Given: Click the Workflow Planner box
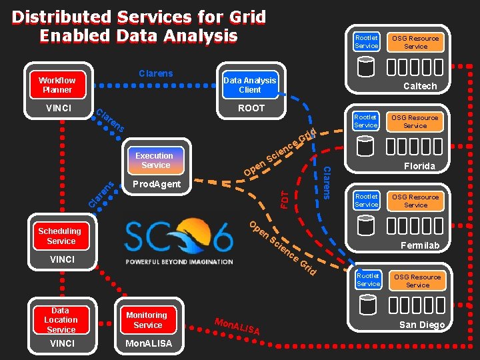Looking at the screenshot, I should tap(57, 85).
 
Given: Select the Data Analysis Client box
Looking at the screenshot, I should tap(249, 85).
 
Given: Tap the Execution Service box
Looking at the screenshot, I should tap(154, 160).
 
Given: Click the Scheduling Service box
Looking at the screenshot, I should tap(60, 236).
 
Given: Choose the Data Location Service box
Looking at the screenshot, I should tap(61, 320).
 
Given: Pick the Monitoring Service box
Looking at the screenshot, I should tap(147, 320).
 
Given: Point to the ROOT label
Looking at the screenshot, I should tap(251, 108).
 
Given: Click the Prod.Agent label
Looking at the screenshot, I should tap(157, 184).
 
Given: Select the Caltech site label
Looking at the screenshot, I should tap(420, 86).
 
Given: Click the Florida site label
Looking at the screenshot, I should tap(419, 166).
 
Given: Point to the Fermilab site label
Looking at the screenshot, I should tap(420, 246).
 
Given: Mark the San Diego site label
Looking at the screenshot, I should tap(421, 325).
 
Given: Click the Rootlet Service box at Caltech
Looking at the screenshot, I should tap(366, 42).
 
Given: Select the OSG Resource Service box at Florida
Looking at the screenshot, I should tap(415, 121).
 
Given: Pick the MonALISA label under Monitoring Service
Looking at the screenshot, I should tap(147, 343).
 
